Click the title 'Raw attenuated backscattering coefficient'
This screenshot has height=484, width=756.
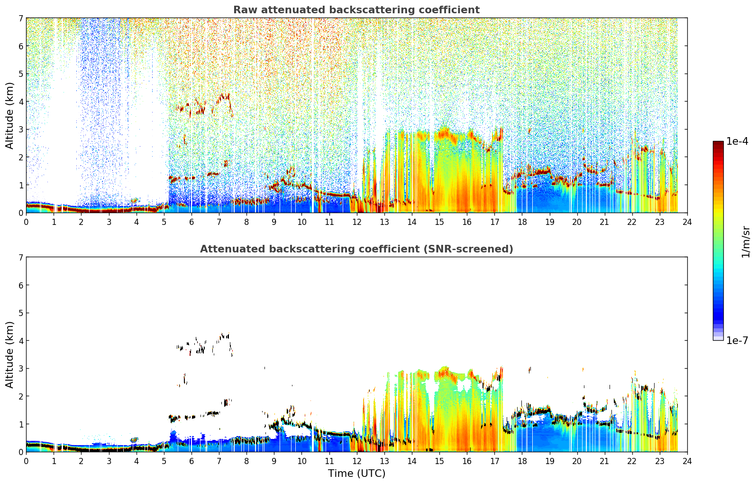[356, 10]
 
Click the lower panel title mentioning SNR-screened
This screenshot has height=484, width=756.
[356, 249]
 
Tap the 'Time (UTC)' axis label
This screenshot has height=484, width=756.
[356, 474]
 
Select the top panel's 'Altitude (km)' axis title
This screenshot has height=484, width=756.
[9, 116]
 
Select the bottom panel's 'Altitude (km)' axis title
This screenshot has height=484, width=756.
[9, 354]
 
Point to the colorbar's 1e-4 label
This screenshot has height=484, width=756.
[737, 141]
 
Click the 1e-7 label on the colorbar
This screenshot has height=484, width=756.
[737, 340]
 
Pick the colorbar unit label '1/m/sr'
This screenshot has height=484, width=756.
[746, 242]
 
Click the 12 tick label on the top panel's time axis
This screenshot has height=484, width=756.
[357, 222]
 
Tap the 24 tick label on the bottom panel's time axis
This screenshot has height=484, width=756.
[687, 461]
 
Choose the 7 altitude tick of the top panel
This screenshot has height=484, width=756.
[21, 18]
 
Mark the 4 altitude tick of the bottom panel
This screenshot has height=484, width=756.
[21, 341]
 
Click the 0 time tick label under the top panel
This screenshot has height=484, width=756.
[27, 222]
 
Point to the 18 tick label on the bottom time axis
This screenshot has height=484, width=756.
[522, 461]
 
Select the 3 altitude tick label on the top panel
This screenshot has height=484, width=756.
[21, 130]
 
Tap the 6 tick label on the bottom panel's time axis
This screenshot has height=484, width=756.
[191, 461]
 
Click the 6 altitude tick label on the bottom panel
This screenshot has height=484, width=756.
[21, 285]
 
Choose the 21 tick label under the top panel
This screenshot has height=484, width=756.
[604, 222]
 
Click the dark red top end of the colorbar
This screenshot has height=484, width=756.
[718, 143]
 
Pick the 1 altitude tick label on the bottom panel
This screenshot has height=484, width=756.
[21, 424]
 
